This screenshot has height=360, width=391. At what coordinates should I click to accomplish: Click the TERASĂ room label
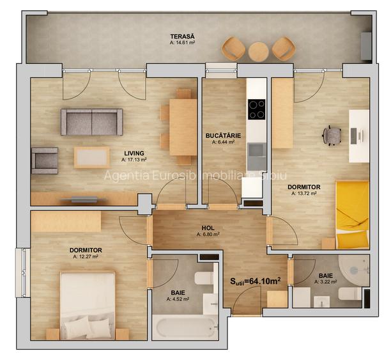coord(182,36)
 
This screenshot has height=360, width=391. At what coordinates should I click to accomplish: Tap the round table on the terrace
coord(258,51)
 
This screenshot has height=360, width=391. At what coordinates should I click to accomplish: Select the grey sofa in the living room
coord(91,121)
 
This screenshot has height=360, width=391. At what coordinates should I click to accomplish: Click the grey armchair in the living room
coord(44,160)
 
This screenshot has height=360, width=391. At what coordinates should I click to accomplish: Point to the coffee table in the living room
coord(91,157)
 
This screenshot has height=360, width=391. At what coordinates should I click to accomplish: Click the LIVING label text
coord(134,153)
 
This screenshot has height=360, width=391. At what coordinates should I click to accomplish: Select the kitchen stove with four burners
coord(256,109)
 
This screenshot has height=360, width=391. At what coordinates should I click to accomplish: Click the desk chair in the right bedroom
coord(332,135)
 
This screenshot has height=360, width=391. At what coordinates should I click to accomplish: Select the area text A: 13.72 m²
coord(303,192)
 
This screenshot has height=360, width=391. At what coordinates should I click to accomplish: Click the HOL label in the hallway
coord(208,227)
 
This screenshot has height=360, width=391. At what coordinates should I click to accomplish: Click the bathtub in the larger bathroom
coord(184,327)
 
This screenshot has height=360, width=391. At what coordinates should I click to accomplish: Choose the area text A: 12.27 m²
coord(85,256)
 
